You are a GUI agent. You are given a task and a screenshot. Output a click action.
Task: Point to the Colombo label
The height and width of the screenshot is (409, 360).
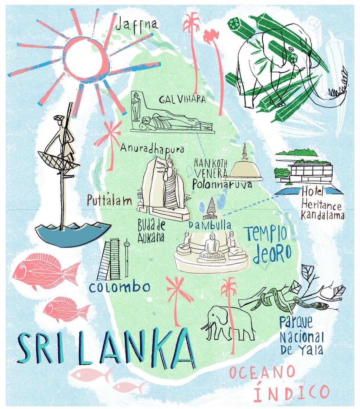120,287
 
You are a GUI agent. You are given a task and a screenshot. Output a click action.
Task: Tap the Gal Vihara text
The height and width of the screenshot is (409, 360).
182,100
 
